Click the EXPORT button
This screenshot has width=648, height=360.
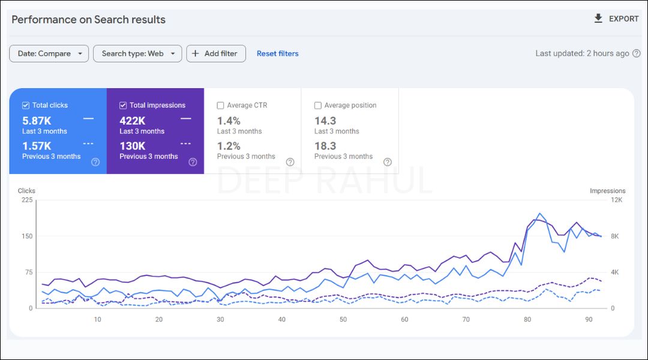click(616, 19)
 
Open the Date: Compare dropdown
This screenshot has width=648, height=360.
click(49, 53)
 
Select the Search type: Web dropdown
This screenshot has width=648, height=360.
click(137, 53)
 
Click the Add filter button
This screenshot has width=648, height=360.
click(216, 53)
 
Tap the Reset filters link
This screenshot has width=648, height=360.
click(277, 53)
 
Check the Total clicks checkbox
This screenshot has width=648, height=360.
click(25, 105)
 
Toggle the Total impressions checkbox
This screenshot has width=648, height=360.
click(123, 105)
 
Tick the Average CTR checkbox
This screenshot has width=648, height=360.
click(220, 105)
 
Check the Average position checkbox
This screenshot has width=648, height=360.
click(318, 105)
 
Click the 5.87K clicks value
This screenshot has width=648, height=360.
click(37, 121)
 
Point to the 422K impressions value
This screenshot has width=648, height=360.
click(132, 121)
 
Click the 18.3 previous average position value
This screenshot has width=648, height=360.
click(325, 146)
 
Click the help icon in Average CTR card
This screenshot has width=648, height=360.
click(290, 162)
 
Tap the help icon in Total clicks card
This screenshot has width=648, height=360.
click(95, 162)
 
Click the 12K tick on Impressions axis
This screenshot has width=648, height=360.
click(616, 200)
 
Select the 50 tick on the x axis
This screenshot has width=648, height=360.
click(343, 319)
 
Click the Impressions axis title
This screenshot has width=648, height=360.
click(607, 191)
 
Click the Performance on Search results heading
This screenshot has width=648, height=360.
click(88, 19)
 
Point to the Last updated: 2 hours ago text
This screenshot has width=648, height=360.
click(582, 53)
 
